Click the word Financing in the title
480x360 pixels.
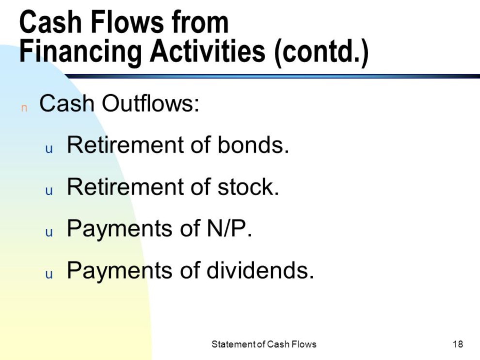click(x=80, y=51)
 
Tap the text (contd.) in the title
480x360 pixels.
click(x=321, y=52)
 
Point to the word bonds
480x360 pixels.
click(x=254, y=145)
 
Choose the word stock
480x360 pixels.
click(x=248, y=187)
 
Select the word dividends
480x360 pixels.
click(x=260, y=270)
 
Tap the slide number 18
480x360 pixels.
click(x=458, y=344)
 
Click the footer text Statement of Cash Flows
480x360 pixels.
click(x=264, y=344)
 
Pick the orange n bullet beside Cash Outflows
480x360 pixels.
click(x=24, y=108)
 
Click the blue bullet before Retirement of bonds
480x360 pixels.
click(x=49, y=149)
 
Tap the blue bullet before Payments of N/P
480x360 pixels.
click(x=49, y=233)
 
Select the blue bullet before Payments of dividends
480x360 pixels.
click(x=49, y=275)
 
